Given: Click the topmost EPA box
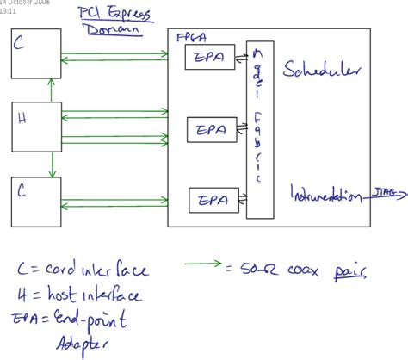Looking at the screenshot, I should [206, 58].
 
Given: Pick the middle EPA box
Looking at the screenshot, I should [209, 129].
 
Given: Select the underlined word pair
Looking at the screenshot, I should [352, 272].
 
